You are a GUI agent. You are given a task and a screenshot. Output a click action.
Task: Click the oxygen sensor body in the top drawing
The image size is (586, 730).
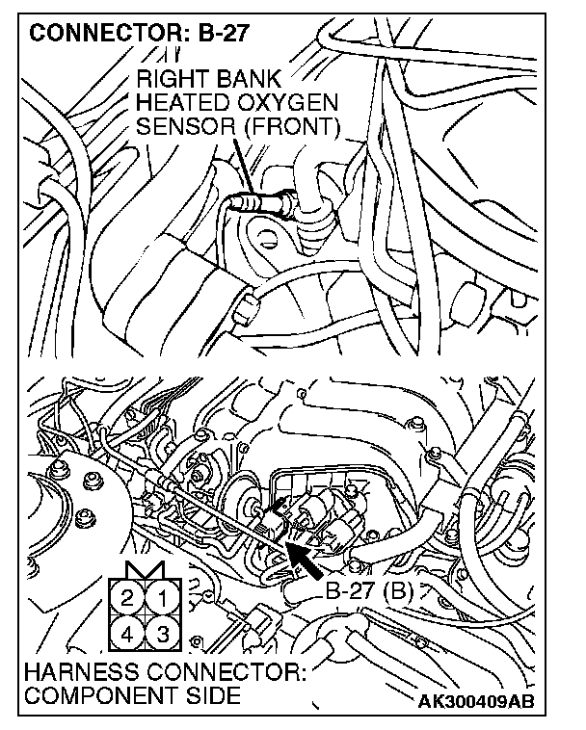[259, 203]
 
